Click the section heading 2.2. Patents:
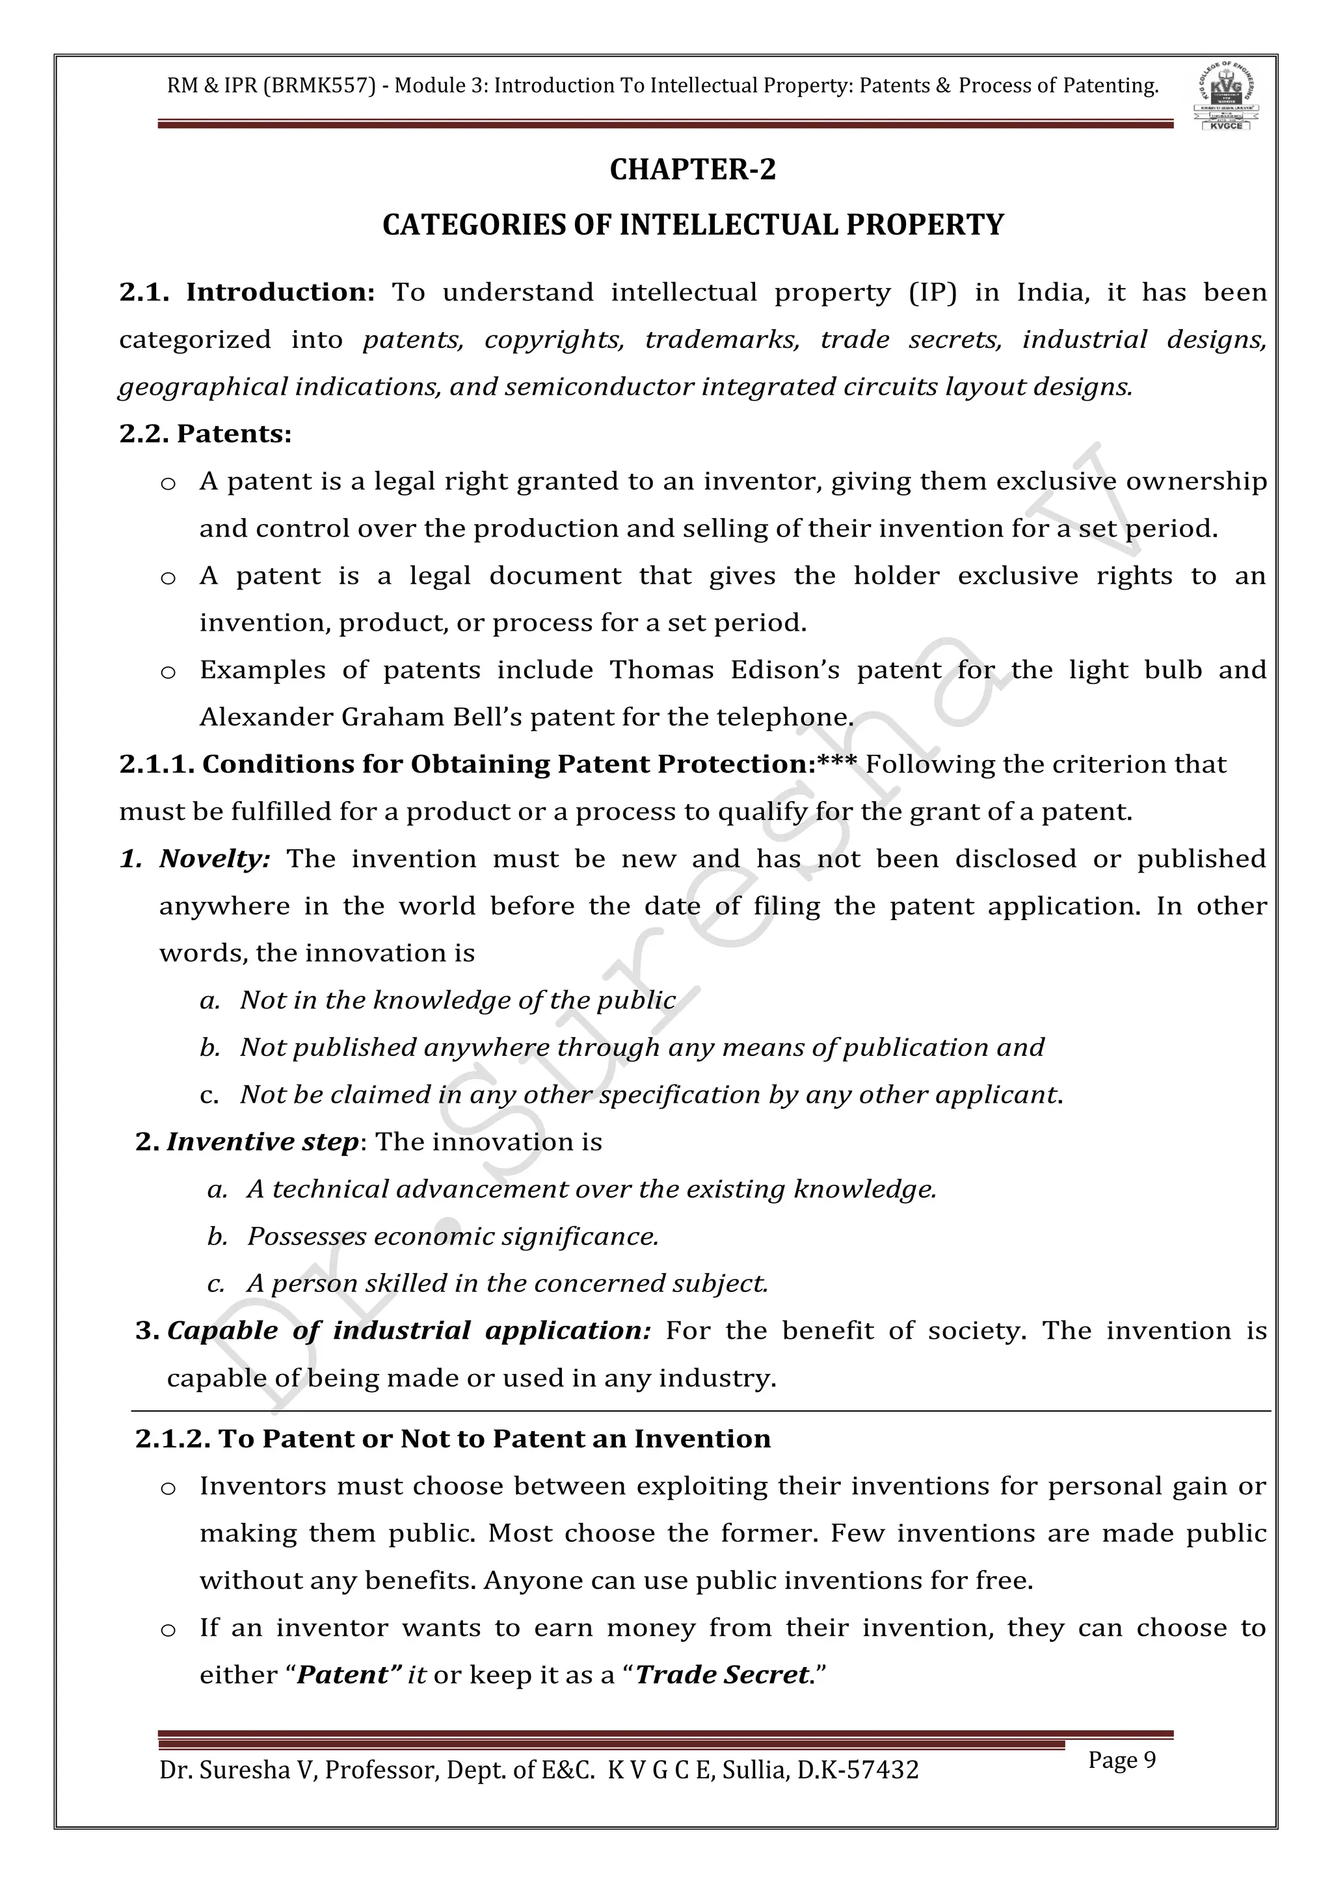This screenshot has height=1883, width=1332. click(205, 434)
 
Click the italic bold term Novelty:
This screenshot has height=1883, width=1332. click(215, 859)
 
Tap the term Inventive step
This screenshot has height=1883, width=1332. click(263, 1142)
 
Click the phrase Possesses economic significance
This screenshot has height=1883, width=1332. click(453, 1237)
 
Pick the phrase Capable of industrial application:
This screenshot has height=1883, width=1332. click(408, 1331)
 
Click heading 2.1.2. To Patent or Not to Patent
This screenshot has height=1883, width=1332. click(453, 1440)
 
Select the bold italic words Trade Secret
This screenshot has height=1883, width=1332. click(722, 1675)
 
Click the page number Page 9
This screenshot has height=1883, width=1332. click(1121, 1760)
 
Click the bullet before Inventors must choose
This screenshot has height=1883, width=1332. click(168, 1488)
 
